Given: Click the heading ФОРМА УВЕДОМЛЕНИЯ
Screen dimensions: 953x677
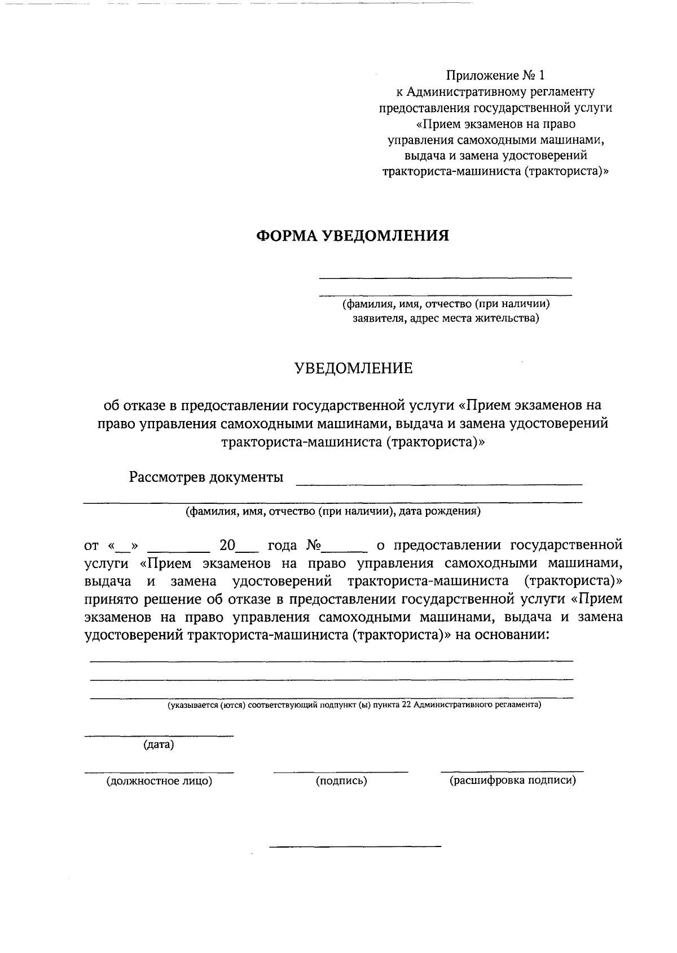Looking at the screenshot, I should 353,236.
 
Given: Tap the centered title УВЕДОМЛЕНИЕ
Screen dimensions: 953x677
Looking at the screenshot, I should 354,369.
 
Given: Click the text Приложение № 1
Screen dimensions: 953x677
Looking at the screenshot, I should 496,76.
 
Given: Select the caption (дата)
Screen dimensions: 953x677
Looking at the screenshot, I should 159,745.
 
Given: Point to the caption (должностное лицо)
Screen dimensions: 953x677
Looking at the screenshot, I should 159,781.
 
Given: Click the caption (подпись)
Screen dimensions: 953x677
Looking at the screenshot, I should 341,781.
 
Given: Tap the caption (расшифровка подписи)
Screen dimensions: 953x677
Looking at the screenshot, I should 512,781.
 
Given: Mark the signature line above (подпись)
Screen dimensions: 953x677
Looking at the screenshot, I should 341,772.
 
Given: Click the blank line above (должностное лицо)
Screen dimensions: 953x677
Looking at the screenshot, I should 159,772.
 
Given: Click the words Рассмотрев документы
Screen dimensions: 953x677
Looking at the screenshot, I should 206,478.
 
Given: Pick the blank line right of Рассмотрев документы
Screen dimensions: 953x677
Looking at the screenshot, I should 439,484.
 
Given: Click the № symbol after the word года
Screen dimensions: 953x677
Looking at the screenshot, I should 314,546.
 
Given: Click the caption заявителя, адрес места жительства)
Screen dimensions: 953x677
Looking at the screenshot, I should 446,319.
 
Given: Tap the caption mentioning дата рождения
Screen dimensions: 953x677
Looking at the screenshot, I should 333,512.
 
